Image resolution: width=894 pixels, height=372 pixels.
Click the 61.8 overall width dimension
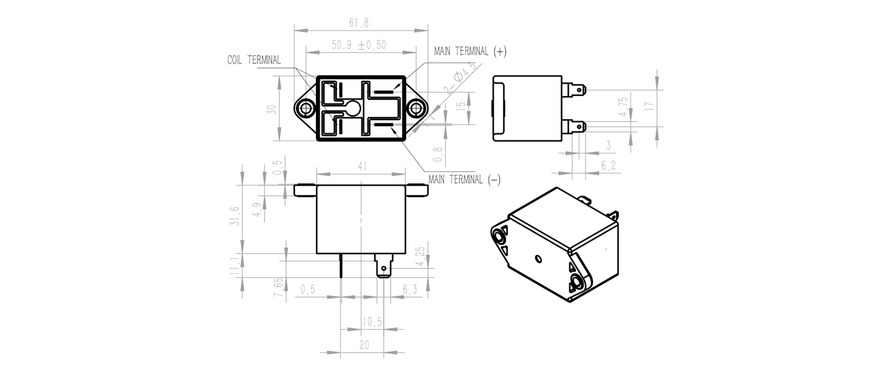click(359, 23)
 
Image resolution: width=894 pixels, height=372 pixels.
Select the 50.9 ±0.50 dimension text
click(359, 45)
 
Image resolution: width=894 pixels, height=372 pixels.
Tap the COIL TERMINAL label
click(254, 60)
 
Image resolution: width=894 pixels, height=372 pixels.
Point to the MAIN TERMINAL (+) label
click(470, 51)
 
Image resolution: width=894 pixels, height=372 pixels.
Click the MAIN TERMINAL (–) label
click(464, 180)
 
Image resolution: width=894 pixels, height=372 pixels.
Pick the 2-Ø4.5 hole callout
click(461, 77)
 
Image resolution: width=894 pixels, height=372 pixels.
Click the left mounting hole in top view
click(307, 108)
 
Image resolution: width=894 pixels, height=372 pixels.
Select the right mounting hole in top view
click(416, 108)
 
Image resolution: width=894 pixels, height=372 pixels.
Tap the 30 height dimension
click(272, 109)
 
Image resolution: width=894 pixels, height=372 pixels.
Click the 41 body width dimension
click(361, 166)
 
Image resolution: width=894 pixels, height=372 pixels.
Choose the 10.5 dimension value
click(372, 322)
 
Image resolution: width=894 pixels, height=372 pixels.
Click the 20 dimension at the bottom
click(364, 345)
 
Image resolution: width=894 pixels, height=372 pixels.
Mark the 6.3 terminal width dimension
click(410, 289)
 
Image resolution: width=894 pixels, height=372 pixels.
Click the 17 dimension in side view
click(649, 106)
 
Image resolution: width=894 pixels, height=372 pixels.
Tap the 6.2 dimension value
click(608, 165)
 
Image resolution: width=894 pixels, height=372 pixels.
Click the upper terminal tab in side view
click(574, 89)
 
